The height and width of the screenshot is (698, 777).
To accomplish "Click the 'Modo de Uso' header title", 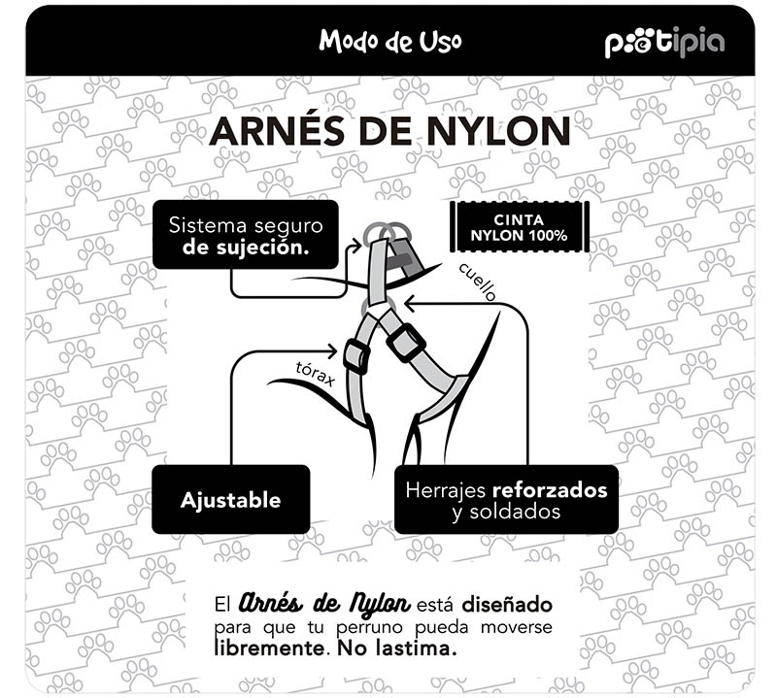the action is point(390,41).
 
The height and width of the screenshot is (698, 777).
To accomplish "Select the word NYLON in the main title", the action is point(498,131).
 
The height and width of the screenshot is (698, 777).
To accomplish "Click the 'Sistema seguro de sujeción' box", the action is point(246,235).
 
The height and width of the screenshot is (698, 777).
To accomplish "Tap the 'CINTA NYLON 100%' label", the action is point(519,227).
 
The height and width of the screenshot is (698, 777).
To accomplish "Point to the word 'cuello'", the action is point(478,282).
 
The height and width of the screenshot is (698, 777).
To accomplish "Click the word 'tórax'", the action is point(316,374).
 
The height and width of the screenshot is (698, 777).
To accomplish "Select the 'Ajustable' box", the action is point(231,499).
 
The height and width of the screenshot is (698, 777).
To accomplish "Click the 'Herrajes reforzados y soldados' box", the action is point(506,499).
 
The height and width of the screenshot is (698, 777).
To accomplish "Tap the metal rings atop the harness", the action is point(387,233).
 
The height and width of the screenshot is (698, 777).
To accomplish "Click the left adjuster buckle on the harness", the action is point(356,356).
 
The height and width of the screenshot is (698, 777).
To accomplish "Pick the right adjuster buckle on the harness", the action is point(406,343).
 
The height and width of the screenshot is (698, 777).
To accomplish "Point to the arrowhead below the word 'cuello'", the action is point(410,303).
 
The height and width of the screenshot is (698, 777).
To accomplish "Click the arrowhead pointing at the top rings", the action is point(356,246).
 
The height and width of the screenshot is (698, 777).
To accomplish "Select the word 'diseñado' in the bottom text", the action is point(507,605).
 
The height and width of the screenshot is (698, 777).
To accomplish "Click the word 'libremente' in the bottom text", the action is point(271,648).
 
